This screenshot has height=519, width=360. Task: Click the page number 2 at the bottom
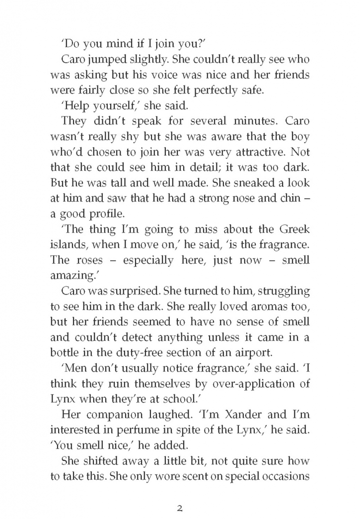click(x=180, y=494)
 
